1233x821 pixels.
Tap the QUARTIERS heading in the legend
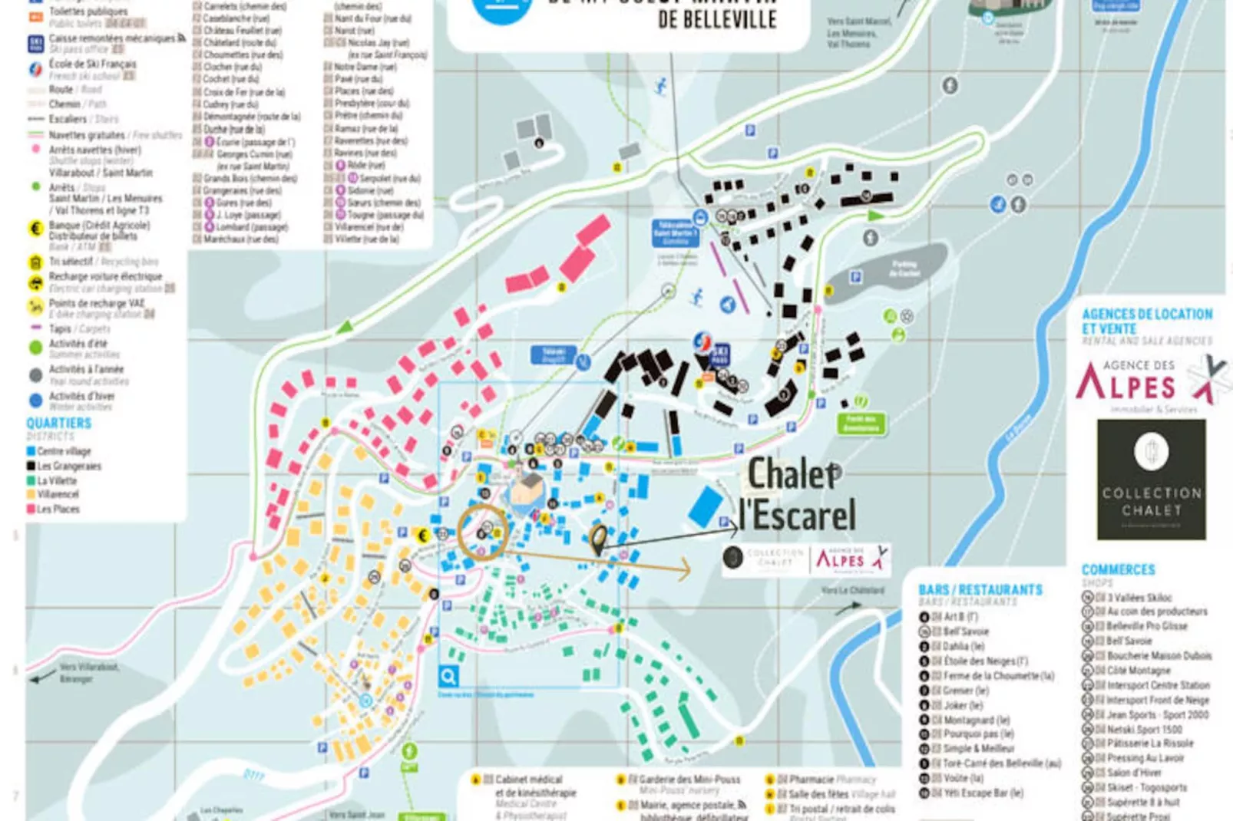pyautogui.click(x=58, y=424)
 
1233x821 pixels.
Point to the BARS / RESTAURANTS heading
pyautogui.click(x=980, y=590)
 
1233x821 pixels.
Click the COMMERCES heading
pyautogui.click(x=1118, y=570)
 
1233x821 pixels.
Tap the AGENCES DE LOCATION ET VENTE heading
pyautogui.click(x=1147, y=321)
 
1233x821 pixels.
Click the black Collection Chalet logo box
pyautogui.click(x=1151, y=480)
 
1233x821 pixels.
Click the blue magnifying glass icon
pyautogui.click(x=448, y=676)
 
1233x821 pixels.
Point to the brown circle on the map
pyautogui.click(x=483, y=530)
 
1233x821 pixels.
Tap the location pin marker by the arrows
pyautogui.click(x=598, y=540)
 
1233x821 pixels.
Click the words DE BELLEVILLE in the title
pyautogui.click(x=717, y=19)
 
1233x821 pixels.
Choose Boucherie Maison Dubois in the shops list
pyautogui.click(x=1158, y=656)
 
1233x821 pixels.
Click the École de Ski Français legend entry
pyautogui.click(x=92, y=64)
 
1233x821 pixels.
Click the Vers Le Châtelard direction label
pyautogui.click(x=852, y=591)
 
